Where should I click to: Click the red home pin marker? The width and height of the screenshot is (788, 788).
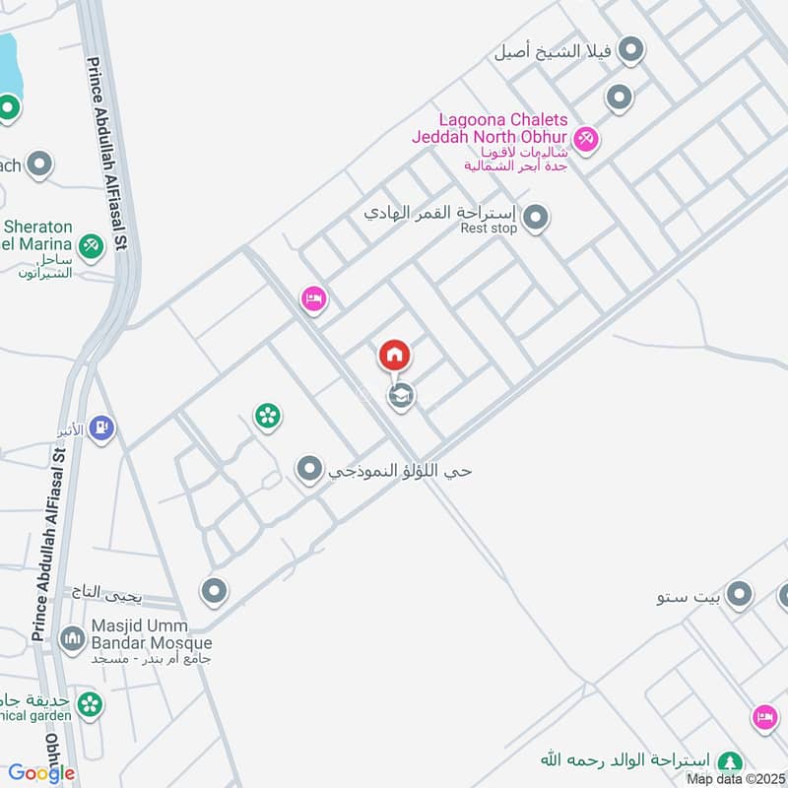tap(394, 355)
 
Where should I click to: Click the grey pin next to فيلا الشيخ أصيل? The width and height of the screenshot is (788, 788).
tap(631, 50)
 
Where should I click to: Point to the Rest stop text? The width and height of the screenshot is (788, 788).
tap(488, 229)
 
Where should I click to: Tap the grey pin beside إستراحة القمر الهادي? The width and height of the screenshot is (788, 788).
tap(535, 218)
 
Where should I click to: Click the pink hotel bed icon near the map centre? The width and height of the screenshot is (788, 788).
tap(313, 297)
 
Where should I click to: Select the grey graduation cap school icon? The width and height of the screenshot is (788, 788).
tap(400, 396)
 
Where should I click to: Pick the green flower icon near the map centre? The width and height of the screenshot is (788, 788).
tap(267, 417)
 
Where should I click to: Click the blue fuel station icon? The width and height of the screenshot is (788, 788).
tap(100, 428)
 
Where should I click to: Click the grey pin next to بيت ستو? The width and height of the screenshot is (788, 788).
tap(739, 595)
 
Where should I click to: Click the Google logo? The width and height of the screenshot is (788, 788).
tap(41, 774)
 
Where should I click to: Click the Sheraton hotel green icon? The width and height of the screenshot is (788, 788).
tap(91, 243)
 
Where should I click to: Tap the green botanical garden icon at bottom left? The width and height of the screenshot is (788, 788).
tap(90, 704)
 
